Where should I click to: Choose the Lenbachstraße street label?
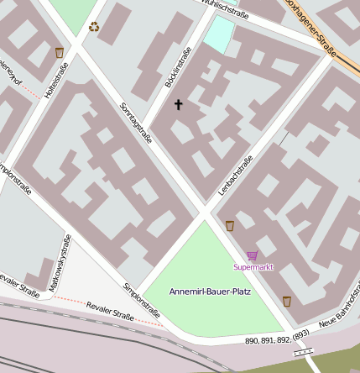tap(235, 176)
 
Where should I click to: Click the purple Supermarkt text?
tap(253, 267)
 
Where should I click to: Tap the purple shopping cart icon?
tap(252, 255)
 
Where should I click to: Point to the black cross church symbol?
tap(177, 105)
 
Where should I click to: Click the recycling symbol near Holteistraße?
tap(93, 27)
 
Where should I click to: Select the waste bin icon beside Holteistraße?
tap(60, 53)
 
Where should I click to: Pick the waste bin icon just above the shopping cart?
tap(229, 225)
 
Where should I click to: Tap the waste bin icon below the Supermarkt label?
tap(286, 301)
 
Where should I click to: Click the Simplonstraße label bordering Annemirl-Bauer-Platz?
tap(140, 297)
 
